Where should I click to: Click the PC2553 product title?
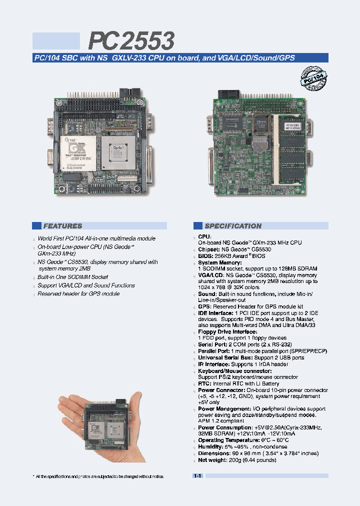coord(132,40)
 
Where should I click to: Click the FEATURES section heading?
coord(62,226)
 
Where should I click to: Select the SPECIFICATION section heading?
coord(233,226)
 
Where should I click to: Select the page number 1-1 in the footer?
coord(197,476)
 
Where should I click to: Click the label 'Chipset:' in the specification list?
coord(209,249)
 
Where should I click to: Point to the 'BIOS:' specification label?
coord(205,255)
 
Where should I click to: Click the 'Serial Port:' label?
coord(212,345)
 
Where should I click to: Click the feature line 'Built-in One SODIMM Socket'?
coord(72,277)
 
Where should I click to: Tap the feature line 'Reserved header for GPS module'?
coord(78,294)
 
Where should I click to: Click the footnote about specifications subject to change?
coord(99,476)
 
